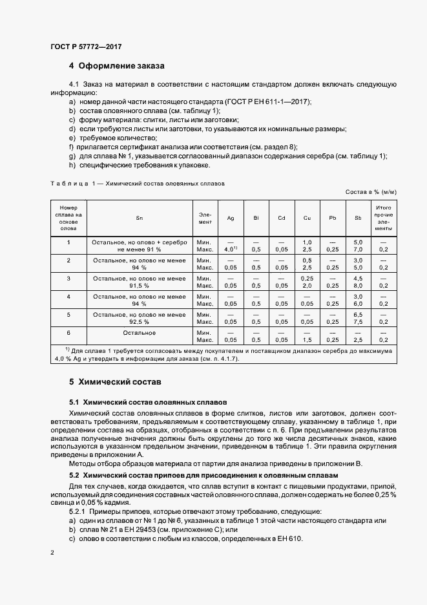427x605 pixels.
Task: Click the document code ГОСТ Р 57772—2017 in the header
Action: tap(86, 47)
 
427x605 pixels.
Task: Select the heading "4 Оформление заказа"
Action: tap(117, 66)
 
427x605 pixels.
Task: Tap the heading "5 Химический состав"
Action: tap(115, 382)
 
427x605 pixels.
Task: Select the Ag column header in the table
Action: tap(231, 218)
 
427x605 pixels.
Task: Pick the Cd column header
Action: tap(281, 218)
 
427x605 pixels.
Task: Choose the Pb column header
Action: tap(332, 218)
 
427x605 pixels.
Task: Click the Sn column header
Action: tap(139, 218)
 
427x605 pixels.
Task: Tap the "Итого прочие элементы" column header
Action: tap(383, 218)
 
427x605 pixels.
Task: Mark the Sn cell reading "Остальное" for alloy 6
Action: tap(139, 332)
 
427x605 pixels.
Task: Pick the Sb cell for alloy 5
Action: tap(358, 317)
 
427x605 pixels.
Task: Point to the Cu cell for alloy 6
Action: tap(307, 336)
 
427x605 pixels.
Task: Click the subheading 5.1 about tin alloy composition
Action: tap(148, 401)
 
